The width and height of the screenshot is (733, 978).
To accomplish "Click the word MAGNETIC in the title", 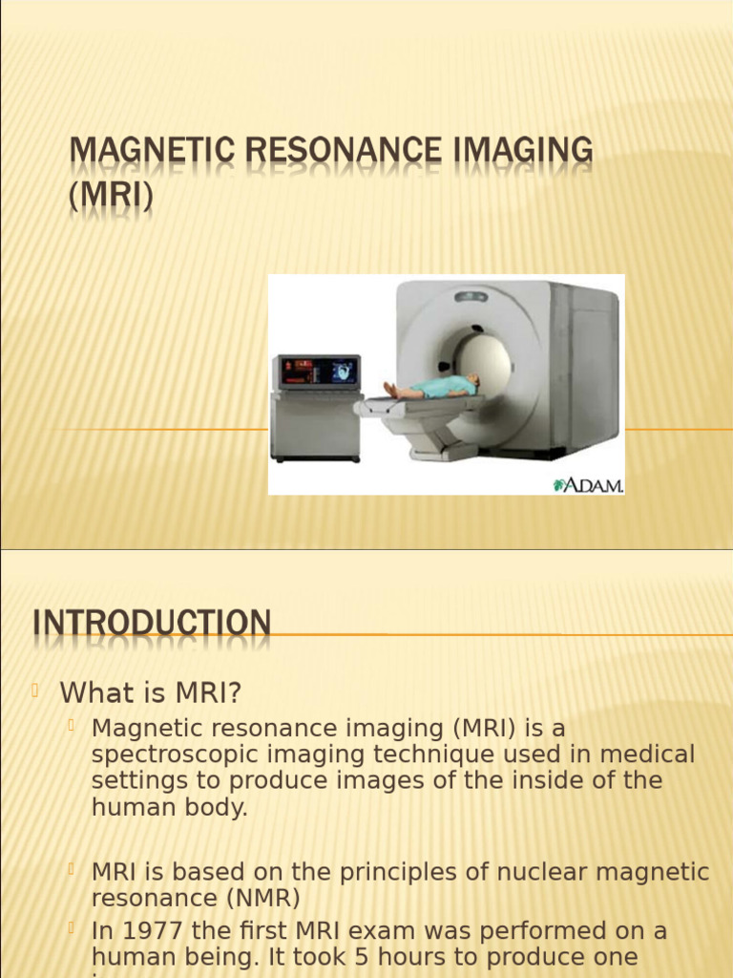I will tap(140, 152).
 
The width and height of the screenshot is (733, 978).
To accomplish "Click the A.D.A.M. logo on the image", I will tap(588, 484).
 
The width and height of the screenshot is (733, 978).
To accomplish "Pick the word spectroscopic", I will tap(181, 755).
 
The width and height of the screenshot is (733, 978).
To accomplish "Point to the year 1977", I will tap(151, 930).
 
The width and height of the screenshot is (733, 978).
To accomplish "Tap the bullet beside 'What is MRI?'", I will tap(35, 691).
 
